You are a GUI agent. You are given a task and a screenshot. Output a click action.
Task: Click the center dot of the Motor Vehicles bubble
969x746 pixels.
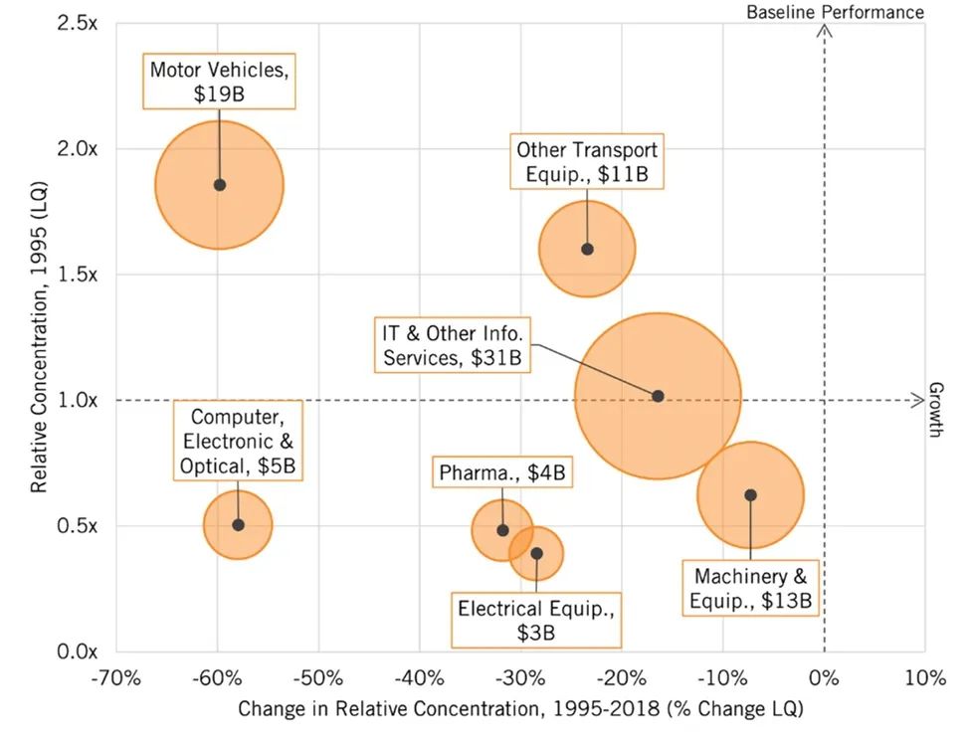220,185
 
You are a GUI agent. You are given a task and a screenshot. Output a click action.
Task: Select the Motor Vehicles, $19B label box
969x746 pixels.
224,82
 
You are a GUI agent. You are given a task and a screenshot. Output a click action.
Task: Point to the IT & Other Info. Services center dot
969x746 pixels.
658,396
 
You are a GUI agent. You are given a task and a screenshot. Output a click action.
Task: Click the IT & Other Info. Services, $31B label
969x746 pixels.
454,344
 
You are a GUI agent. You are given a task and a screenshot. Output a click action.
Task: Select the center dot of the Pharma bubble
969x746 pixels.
502,530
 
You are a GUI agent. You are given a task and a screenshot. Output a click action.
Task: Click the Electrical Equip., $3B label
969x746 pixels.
536,619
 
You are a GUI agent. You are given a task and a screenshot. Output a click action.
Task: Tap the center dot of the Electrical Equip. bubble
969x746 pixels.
536,554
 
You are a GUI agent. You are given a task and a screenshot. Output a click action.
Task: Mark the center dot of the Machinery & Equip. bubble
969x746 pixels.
750,495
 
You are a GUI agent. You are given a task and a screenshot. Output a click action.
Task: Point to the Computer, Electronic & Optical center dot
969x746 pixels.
238,525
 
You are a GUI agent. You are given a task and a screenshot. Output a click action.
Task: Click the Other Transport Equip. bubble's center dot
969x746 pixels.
587,250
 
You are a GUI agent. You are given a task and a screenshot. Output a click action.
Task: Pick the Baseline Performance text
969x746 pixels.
835,12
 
